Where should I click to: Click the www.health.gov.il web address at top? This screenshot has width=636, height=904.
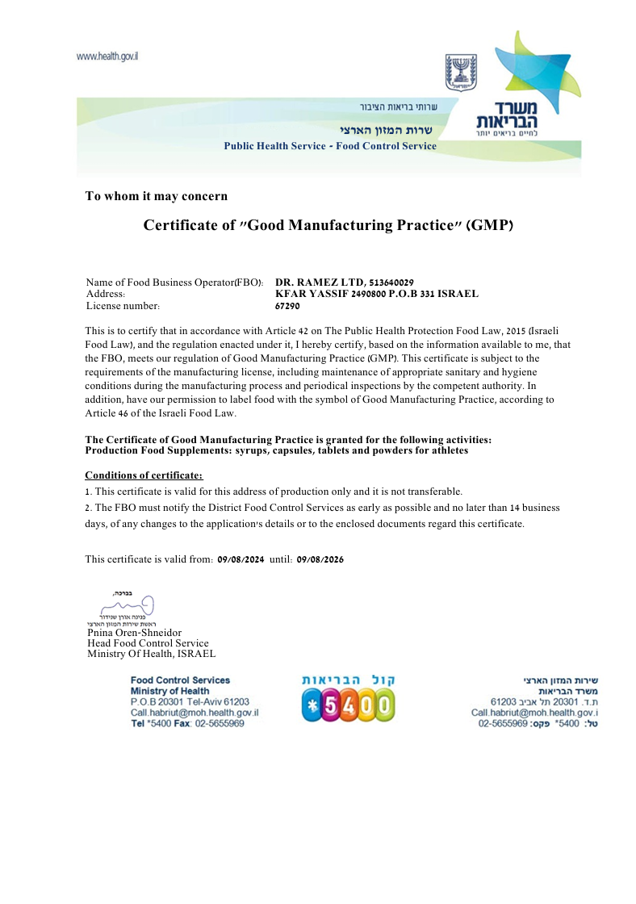[x=107, y=56]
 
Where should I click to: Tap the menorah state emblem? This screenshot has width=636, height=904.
[x=461, y=73]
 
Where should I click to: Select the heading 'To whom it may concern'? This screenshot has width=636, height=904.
[x=157, y=196]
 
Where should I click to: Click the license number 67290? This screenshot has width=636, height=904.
[x=287, y=307]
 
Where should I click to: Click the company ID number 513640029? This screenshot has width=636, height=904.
[x=391, y=282]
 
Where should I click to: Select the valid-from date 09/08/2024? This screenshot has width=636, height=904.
[x=241, y=559]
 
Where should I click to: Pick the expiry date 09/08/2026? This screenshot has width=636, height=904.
[x=320, y=559]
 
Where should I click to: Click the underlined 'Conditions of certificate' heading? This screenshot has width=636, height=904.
[x=144, y=475]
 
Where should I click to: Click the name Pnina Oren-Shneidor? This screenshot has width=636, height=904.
[x=134, y=633]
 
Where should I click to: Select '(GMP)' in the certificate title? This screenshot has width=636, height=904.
[x=487, y=225]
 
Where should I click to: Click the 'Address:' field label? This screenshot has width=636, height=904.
[x=105, y=295]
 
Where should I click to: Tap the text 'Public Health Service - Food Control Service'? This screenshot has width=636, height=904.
[x=329, y=146]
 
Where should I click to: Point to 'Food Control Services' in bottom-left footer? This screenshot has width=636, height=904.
[x=180, y=680]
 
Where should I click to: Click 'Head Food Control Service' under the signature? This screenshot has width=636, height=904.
[x=148, y=643]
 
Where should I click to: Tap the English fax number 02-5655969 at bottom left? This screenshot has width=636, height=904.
[x=220, y=724]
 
